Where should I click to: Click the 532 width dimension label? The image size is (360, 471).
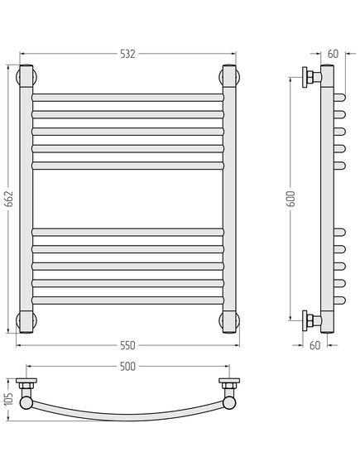(x=127, y=54)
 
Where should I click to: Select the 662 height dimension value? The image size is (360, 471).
(x=10, y=199)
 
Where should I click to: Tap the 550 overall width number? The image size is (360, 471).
(x=127, y=345)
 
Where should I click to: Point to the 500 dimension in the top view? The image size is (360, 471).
(x=127, y=367)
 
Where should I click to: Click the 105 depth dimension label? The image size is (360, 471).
(x=9, y=399)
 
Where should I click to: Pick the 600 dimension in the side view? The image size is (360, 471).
(x=290, y=199)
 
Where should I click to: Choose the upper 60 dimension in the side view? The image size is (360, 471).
(x=333, y=54)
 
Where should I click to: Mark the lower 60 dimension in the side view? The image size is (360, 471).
(x=315, y=345)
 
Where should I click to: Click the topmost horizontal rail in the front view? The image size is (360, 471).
(x=127, y=98)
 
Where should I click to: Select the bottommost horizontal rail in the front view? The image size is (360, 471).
(x=127, y=300)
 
